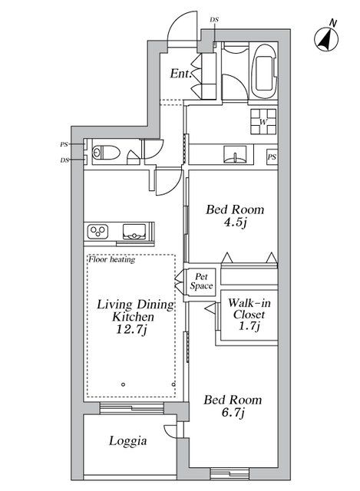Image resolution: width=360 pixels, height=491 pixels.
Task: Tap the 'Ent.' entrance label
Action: point(180,74)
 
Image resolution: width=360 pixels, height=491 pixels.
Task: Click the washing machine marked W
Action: point(263,121)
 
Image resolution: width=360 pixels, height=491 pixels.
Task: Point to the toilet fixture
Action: point(103,152)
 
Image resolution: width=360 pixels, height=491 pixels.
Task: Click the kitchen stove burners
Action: point(100,230)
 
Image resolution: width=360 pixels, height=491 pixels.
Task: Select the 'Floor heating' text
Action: point(112,259)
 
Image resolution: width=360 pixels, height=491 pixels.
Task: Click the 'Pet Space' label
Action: point(203,282)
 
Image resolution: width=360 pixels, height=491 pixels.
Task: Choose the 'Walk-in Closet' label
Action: point(247,308)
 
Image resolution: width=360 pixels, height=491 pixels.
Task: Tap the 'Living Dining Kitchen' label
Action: point(134,311)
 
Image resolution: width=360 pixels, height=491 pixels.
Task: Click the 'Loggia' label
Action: point(127,441)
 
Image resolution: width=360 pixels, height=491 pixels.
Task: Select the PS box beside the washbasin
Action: point(271,157)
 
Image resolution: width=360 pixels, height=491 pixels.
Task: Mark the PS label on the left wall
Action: point(64,144)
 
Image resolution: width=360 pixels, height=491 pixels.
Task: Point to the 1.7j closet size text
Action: point(247,326)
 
